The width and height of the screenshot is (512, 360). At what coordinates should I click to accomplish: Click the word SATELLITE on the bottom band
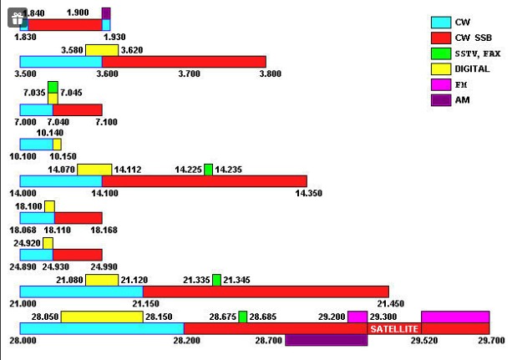click(393, 330)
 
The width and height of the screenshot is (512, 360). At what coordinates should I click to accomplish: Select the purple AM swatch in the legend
click(442, 100)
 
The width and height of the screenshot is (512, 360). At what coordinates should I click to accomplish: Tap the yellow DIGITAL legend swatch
click(442, 68)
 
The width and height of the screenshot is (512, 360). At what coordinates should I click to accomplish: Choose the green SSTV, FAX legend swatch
click(442, 53)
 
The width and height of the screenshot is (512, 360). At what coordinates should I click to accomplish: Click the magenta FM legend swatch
click(442, 84)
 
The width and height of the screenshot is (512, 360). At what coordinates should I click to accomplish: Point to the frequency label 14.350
click(309, 193)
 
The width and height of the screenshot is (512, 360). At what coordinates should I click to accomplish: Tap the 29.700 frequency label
click(490, 341)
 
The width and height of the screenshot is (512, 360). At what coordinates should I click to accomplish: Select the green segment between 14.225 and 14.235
click(208, 170)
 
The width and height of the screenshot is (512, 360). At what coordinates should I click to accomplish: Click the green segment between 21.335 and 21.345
click(216, 280)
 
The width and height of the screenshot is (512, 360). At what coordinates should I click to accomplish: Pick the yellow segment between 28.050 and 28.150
click(101, 317)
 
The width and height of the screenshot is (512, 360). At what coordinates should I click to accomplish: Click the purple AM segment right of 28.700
click(326, 340)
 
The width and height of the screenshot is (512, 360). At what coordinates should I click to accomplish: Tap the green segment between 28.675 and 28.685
click(242, 317)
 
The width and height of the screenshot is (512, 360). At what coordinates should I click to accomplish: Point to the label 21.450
click(389, 303)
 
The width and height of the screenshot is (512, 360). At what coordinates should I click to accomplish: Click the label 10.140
click(50, 132)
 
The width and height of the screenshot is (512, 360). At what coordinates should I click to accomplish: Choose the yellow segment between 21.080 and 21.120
click(101, 280)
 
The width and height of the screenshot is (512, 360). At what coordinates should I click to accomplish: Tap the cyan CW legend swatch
click(442, 22)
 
